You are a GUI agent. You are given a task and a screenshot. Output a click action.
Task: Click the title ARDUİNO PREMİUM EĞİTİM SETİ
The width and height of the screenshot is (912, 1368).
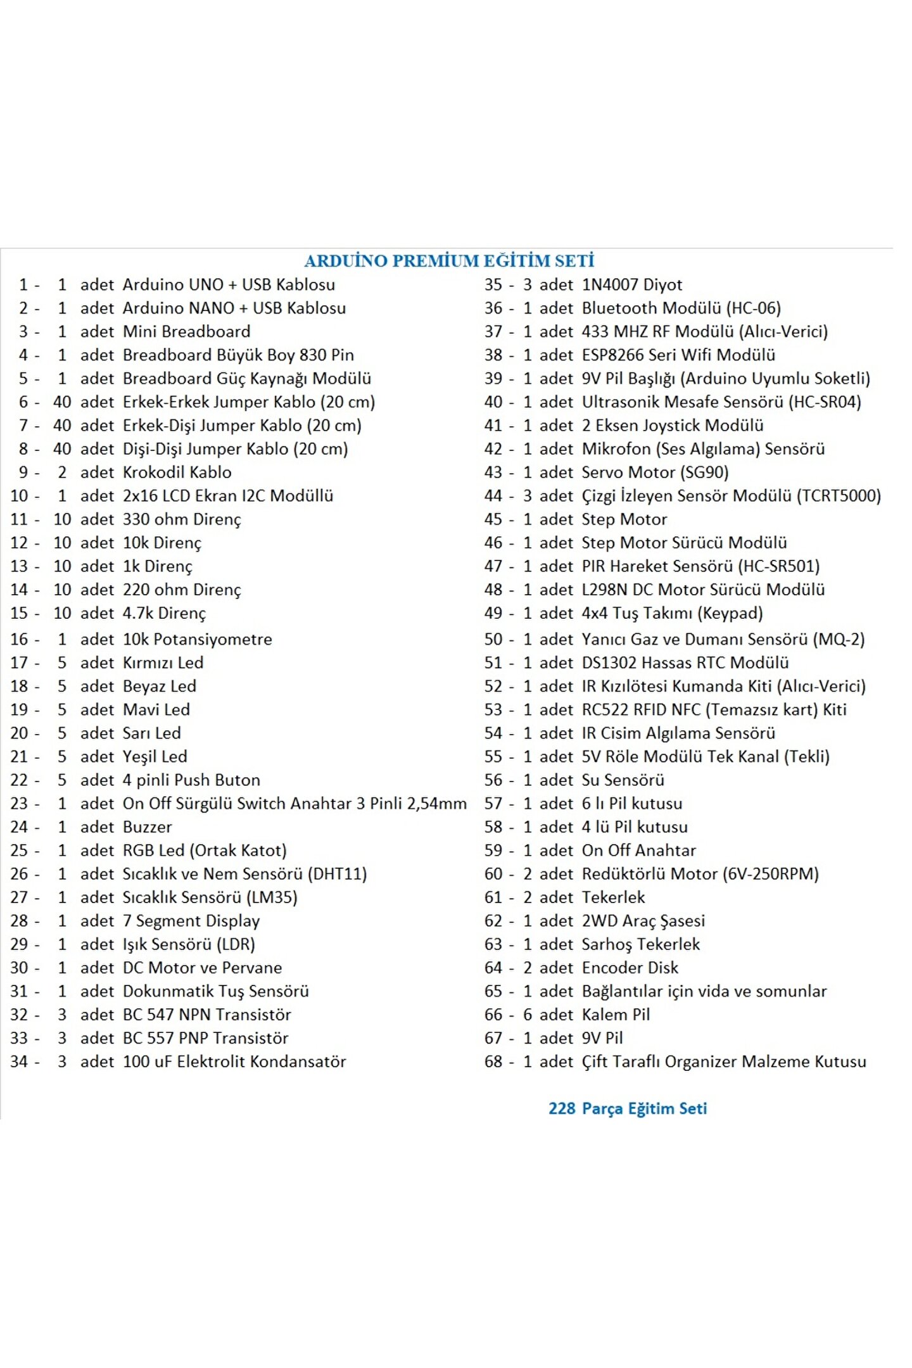coord(449,261)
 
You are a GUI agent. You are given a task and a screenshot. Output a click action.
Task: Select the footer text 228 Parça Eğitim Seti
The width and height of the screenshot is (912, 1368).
coord(627,1108)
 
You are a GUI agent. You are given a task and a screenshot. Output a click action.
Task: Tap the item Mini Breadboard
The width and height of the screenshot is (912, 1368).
coord(186,331)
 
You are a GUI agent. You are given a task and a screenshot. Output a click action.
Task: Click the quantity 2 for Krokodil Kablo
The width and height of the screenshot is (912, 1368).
coord(62,472)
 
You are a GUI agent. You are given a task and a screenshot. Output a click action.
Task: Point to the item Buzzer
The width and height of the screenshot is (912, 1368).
coord(147,826)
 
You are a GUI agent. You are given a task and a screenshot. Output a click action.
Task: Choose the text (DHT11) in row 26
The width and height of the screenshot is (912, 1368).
coord(337,873)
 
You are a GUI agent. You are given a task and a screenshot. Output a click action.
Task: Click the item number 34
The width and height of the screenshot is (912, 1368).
coord(19,1061)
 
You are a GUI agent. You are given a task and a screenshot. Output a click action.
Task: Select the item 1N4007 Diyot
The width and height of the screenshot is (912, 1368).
coord(631,284)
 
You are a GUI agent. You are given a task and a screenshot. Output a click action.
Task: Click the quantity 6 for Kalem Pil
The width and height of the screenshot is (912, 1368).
coord(527,1014)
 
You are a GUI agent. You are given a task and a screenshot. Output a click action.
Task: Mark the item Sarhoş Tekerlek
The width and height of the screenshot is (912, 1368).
coord(640,944)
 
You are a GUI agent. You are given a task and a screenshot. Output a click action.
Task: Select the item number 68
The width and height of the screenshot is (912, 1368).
coord(493,1061)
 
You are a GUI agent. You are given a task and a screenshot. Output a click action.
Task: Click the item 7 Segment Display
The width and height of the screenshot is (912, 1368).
coord(191,920)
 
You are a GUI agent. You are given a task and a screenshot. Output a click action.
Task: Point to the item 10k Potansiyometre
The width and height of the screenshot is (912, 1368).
coord(197,639)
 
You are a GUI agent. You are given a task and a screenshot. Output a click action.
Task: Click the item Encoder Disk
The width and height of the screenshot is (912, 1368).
coord(630,967)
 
